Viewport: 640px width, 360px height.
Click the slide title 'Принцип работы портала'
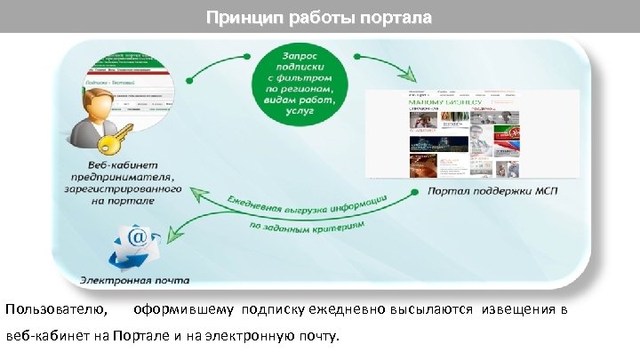319,17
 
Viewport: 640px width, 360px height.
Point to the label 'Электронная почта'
134,280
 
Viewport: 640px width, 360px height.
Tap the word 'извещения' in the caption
519,310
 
